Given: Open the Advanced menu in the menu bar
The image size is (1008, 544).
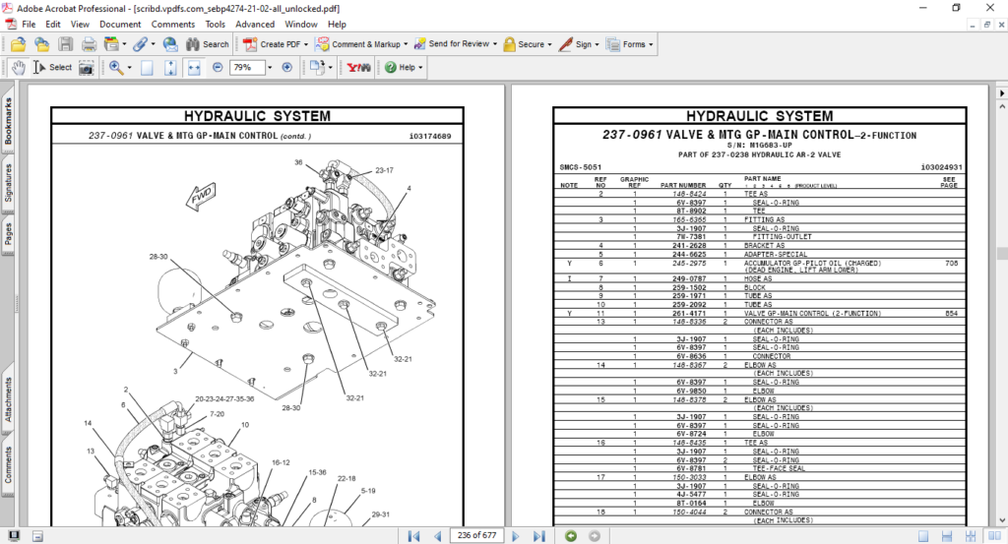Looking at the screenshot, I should click(x=255, y=24).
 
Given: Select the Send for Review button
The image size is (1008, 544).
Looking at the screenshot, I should click(x=452, y=44).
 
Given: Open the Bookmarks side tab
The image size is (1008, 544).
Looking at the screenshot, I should click(x=9, y=122).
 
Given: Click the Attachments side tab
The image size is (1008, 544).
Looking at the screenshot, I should click(x=9, y=399).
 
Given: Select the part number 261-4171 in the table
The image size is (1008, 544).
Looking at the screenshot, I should click(x=683, y=313).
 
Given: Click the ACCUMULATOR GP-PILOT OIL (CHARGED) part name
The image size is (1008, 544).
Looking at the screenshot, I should click(x=811, y=264).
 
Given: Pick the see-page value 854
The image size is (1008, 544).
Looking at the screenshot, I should click(x=951, y=313).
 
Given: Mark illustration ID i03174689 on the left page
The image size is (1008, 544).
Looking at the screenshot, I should click(x=429, y=136).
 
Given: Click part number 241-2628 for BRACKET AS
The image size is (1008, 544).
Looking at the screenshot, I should click(x=683, y=245).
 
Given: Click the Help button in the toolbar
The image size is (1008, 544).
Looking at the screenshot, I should click(x=404, y=68).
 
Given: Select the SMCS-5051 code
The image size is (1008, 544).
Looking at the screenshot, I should click(x=580, y=167).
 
